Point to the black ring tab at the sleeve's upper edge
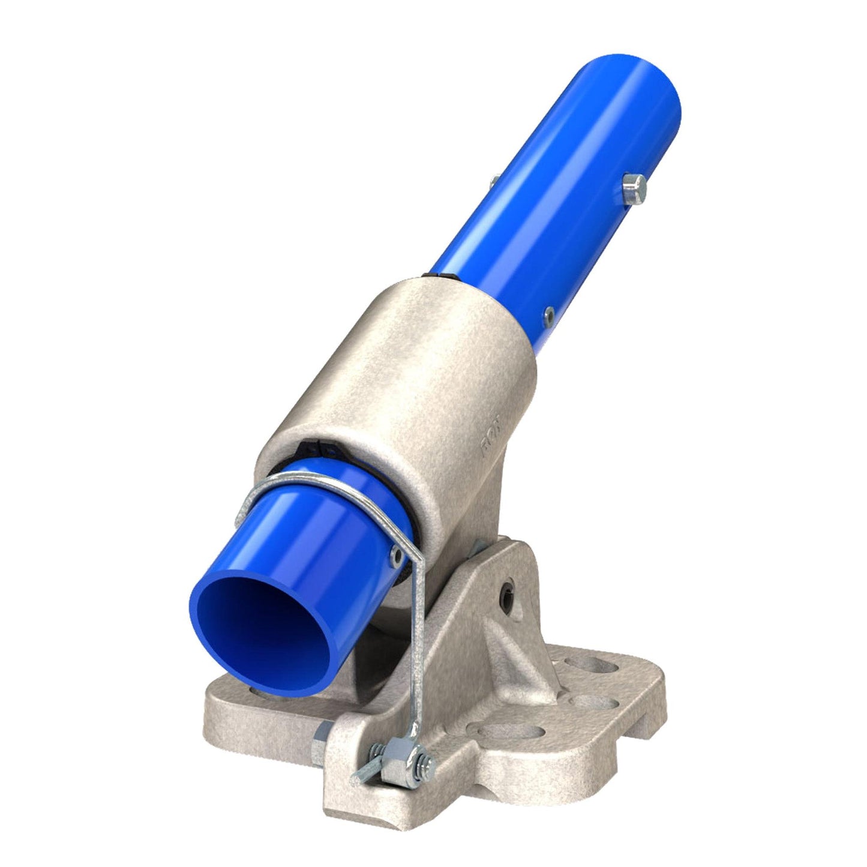tap(440, 277)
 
